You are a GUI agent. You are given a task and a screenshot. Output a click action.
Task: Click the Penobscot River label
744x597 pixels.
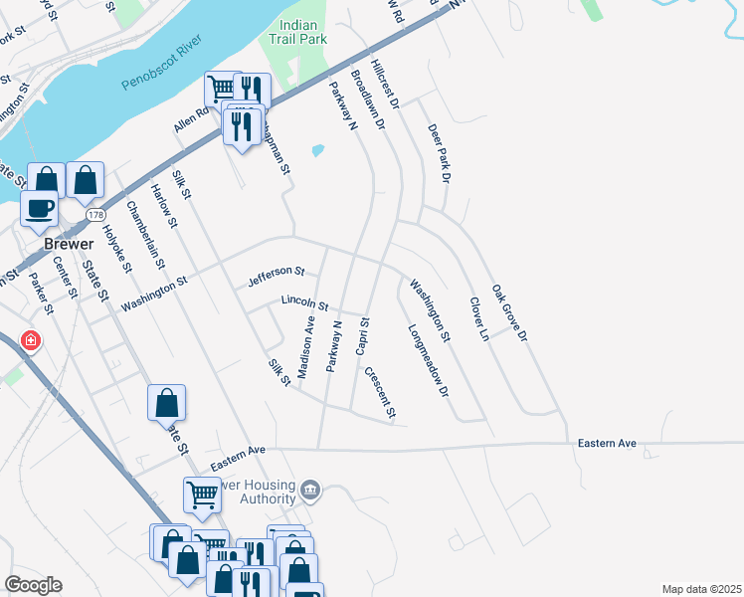tap(161, 64)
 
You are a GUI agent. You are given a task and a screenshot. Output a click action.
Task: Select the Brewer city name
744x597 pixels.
tap(68, 245)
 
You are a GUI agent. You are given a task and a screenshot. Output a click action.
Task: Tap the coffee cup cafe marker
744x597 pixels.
tap(40, 208)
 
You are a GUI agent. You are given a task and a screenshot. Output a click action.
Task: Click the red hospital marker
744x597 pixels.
tap(31, 341)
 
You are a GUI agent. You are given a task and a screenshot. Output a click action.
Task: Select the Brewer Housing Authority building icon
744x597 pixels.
tap(310, 489)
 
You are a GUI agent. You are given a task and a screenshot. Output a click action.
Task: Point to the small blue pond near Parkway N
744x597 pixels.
tap(317, 151)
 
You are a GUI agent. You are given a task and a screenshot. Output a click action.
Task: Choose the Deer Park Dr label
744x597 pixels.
tap(439, 154)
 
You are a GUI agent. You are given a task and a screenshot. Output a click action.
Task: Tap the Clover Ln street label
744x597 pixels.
tap(479, 319)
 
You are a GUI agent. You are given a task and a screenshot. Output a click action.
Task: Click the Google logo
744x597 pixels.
tap(33, 585)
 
